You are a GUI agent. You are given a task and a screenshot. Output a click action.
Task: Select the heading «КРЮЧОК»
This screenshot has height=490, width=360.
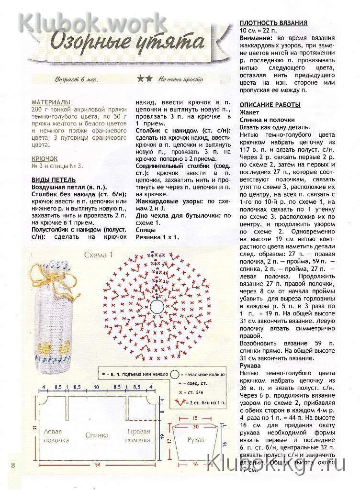pyautogui.click(x=45, y=158)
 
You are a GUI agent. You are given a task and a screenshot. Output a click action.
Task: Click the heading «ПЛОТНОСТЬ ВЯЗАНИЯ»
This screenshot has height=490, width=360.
pyautogui.click(x=273, y=22)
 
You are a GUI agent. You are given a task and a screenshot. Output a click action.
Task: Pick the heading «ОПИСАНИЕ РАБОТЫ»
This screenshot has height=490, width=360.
pyautogui.click(x=270, y=105)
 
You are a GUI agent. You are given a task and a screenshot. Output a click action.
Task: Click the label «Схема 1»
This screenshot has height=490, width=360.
pyautogui.click(x=98, y=255)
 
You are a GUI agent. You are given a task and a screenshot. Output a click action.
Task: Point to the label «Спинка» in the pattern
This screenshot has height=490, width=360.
pyautogui.click(x=97, y=435)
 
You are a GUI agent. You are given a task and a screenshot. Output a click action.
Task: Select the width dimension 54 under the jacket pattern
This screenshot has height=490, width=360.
pyautogui.click(x=97, y=465)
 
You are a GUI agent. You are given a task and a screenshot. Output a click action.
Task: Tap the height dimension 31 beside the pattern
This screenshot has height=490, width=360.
pyautogui.click(x=35, y=428)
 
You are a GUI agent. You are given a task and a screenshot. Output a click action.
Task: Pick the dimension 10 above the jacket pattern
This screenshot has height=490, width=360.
pyautogui.click(x=97, y=387)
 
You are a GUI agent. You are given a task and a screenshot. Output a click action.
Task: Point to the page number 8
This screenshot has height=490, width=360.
pyautogui.click(x=13, y=465)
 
